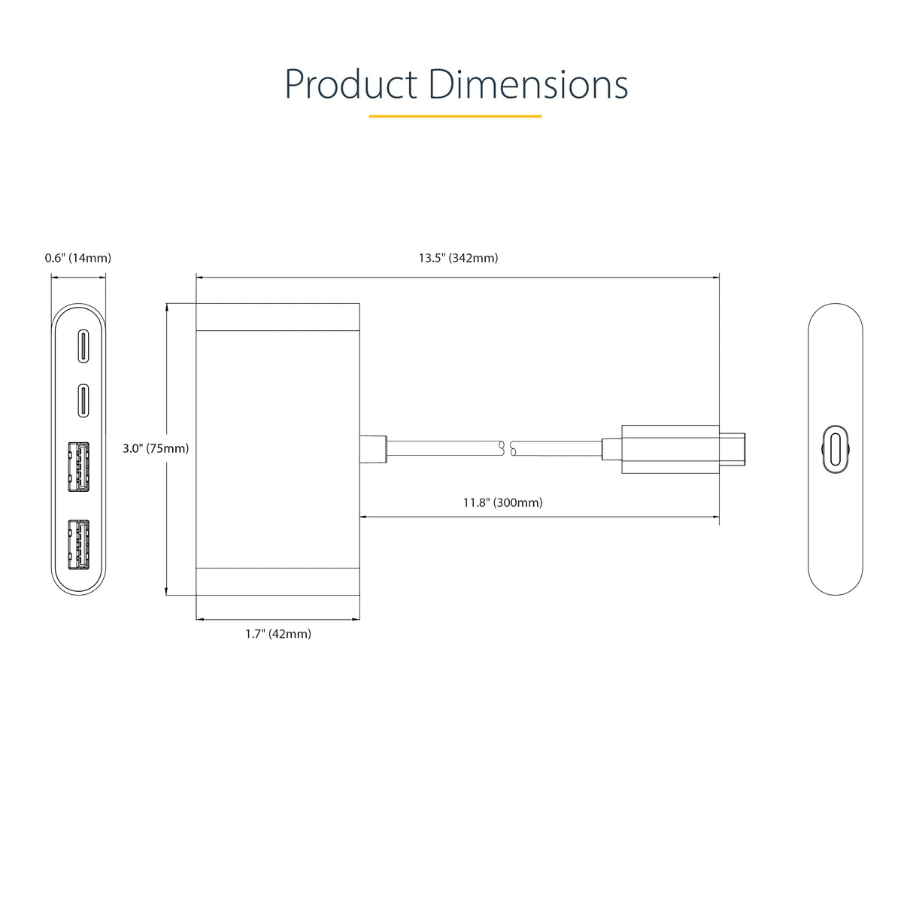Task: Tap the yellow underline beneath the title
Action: coord(455,117)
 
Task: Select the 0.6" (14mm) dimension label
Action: coord(78,258)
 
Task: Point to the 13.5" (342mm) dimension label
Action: coord(458,258)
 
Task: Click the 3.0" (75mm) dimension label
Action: coord(156,448)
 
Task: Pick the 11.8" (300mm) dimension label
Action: coord(502,502)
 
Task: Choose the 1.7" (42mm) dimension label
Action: coord(278,634)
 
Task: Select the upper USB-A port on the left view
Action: coord(78,467)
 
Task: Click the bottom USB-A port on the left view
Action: coord(78,544)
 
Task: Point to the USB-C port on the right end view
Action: coord(835,450)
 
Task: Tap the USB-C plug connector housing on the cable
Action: coord(666,449)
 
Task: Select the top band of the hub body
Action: coord(278,317)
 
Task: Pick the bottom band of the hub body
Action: coord(278,581)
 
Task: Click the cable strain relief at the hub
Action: coord(373,448)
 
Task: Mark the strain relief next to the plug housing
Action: coord(611,448)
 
